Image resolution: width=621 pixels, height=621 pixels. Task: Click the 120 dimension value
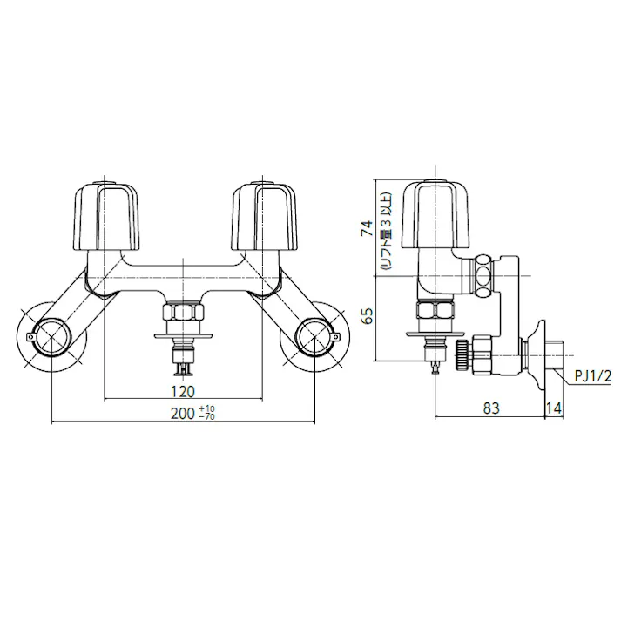[x=182, y=391]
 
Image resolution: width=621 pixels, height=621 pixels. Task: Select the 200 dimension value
[x=182, y=415]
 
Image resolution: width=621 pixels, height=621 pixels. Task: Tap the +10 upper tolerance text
[x=206, y=409]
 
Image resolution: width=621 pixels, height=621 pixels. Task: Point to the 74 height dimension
[x=367, y=228]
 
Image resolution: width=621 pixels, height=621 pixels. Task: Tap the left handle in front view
[x=104, y=214]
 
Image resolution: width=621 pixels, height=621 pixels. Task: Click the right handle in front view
[x=260, y=214]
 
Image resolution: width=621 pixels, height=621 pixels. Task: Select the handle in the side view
[x=443, y=214]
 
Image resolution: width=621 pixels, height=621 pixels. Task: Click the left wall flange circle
[x=51, y=334]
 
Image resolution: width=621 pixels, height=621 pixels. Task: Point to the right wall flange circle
[x=314, y=334]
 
